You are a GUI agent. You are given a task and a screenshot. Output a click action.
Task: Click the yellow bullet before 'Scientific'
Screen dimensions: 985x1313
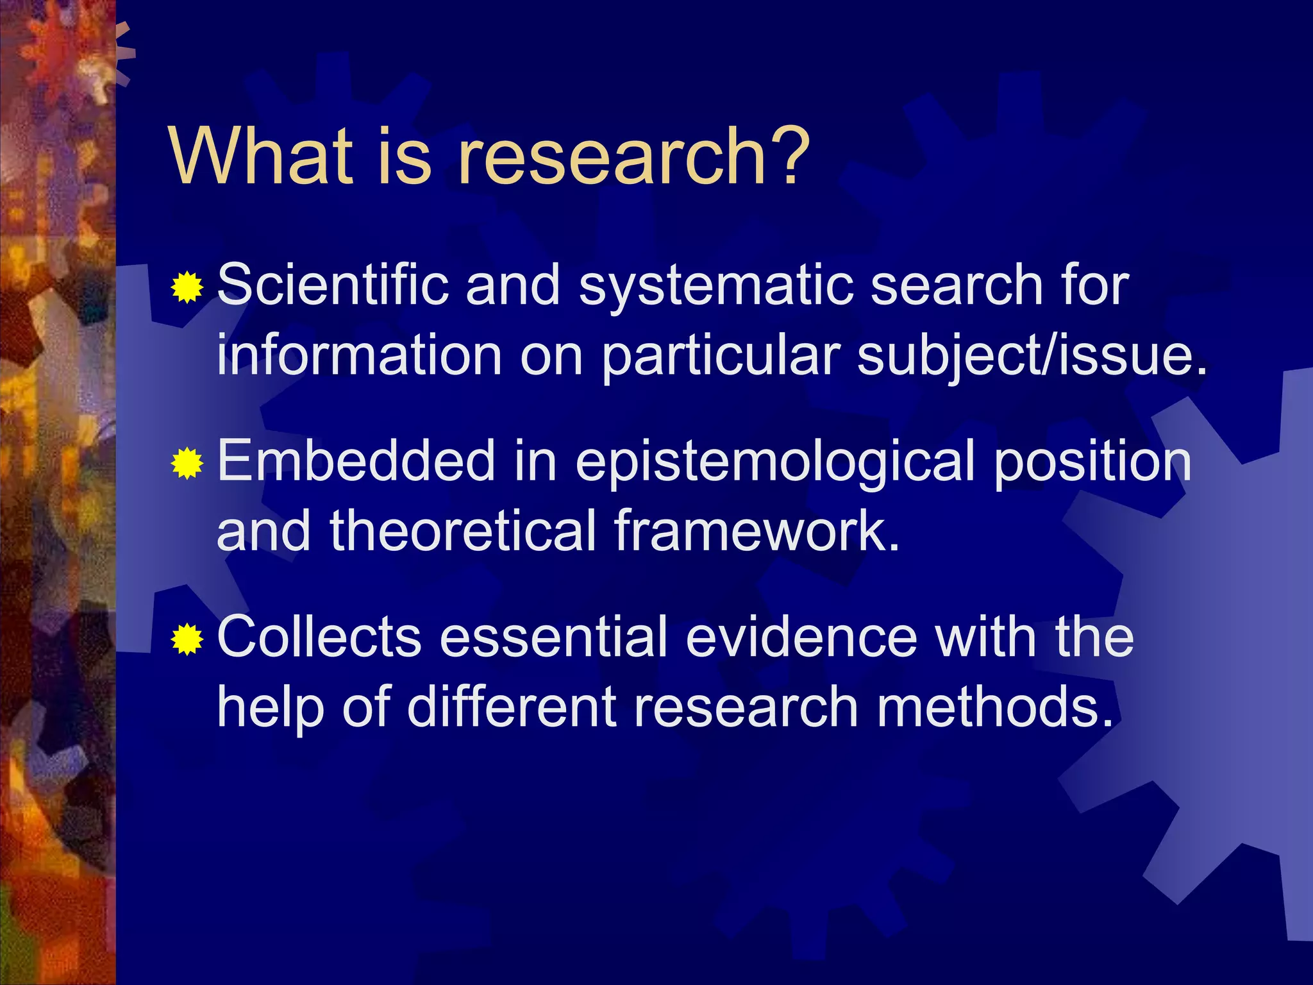[187, 287]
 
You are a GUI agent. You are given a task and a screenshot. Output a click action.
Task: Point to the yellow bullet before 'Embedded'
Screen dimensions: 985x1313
[187, 463]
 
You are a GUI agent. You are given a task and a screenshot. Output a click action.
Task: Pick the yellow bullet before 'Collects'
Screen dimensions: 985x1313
[187, 639]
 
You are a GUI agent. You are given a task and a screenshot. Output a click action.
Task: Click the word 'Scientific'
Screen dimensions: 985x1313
[333, 285]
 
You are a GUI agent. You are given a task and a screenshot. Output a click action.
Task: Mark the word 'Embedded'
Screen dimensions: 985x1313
[356, 461]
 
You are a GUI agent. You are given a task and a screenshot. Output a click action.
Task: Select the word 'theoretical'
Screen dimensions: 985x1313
[464, 531]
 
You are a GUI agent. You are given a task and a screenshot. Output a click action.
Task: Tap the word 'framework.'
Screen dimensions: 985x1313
[757, 531]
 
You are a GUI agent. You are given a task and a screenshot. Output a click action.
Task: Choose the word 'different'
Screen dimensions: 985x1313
[512, 707]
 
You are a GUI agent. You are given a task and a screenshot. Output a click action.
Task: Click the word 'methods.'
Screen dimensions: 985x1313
[994, 707]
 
